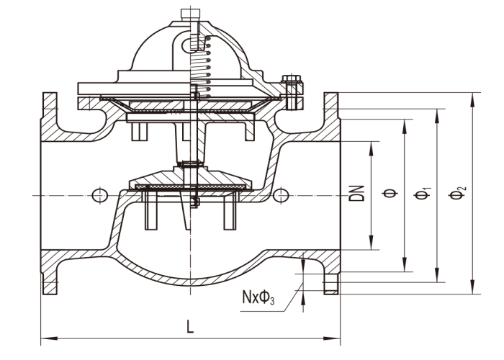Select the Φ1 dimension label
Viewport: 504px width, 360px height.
click(423, 193)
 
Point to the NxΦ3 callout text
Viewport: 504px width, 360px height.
click(258, 297)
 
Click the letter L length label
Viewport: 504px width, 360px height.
click(190, 327)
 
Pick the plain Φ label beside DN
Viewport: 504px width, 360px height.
click(390, 193)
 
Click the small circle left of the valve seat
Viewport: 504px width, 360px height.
click(99, 195)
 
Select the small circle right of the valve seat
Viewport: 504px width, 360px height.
click(281, 195)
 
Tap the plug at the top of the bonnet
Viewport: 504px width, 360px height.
click(190, 15)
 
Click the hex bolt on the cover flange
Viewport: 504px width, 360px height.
click(292, 92)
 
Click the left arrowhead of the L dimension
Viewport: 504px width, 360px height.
click(49, 338)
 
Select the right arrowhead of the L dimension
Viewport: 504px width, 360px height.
click(332, 338)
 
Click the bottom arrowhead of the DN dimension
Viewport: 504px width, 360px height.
click(371, 243)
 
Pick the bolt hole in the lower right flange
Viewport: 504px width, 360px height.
click(330, 284)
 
